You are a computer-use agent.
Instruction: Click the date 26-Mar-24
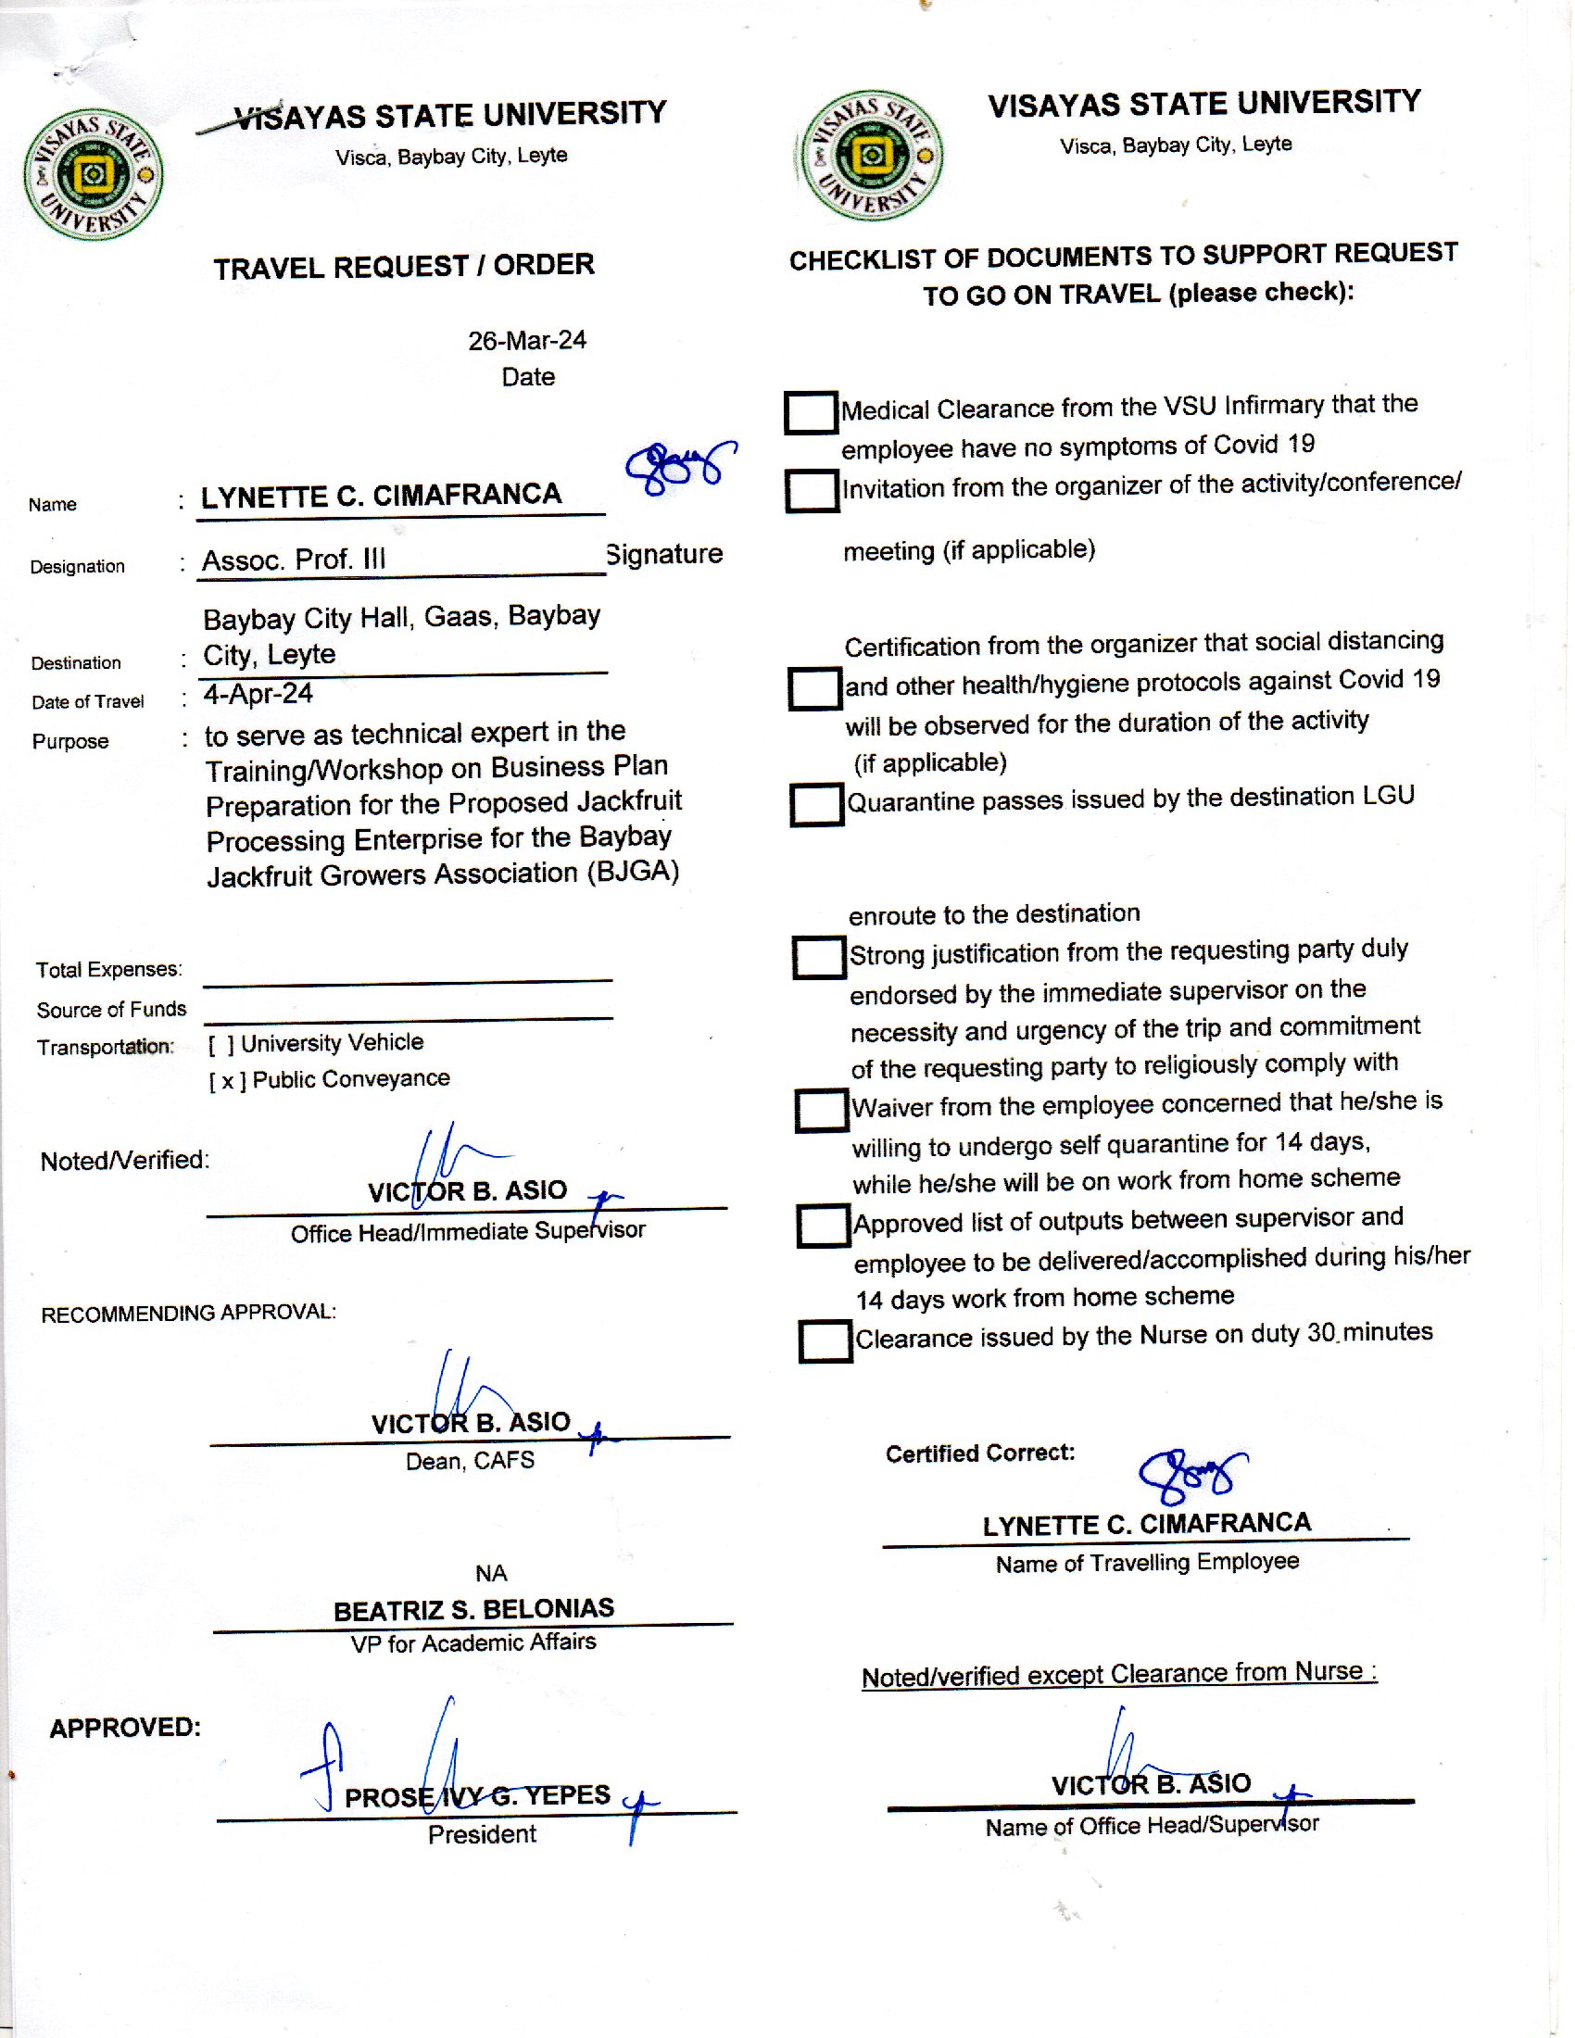click(526, 341)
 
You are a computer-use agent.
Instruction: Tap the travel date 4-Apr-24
click(258, 694)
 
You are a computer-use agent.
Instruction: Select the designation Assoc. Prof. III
click(293, 560)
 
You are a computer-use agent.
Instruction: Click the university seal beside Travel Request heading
click(94, 174)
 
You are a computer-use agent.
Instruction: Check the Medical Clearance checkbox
click(810, 411)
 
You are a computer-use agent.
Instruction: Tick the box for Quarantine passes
click(816, 803)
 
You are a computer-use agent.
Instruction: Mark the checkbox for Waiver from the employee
click(821, 1110)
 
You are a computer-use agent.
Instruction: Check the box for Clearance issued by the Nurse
click(825, 1341)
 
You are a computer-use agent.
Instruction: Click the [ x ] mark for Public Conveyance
click(228, 1081)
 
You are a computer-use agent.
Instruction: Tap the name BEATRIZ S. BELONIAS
click(473, 1610)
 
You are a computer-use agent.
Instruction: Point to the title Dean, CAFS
click(470, 1460)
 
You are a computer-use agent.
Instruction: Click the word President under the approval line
click(482, 1834)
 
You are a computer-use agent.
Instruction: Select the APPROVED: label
click(125, 1728)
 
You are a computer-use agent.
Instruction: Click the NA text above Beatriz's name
click(491, 1573)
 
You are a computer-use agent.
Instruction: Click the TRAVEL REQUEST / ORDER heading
click(403, 267)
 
